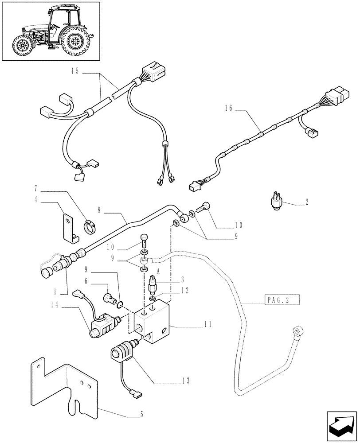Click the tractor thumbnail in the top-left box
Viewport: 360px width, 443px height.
[51, 31]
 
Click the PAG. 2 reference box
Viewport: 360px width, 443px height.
[282, 300]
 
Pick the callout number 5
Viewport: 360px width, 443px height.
[141, 415]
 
